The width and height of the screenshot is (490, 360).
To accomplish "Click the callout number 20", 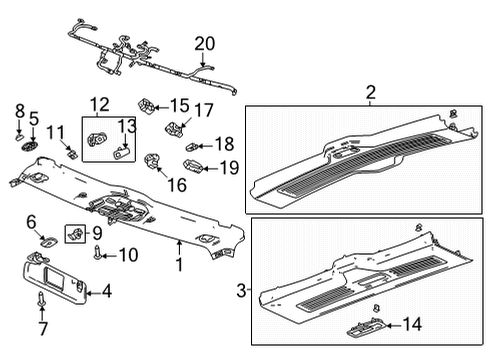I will point(204,43).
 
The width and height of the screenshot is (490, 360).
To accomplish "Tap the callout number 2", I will point(370,93).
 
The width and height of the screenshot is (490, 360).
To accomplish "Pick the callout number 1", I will point(178,266).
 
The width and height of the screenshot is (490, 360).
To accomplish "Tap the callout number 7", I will point(42,329).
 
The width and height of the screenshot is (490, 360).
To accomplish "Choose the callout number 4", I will point(107,292).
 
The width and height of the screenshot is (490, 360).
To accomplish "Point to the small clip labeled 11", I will point(73,151).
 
